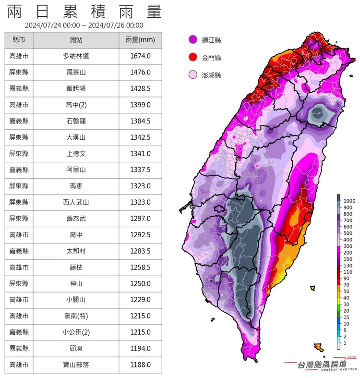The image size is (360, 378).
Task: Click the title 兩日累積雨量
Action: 84,11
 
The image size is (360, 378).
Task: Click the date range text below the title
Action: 84,25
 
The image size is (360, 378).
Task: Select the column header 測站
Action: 76,40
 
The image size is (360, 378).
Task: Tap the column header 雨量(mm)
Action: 140,40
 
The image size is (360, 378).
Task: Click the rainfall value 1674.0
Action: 140,56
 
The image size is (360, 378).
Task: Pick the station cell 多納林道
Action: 76,56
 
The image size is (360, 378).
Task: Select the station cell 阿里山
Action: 76,170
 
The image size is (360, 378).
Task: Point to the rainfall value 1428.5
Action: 140,89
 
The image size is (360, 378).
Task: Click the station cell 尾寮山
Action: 76,73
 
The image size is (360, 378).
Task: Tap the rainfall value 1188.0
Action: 140,365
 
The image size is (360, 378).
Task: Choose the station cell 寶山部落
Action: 76,365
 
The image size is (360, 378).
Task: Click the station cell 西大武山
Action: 76,202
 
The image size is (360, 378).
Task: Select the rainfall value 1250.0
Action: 140,283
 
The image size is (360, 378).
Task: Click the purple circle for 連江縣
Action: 192,40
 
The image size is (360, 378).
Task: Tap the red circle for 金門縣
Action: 192,58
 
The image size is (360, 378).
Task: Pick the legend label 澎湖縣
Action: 211,75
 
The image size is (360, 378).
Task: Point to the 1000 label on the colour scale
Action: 349,200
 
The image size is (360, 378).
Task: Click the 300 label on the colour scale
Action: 349,246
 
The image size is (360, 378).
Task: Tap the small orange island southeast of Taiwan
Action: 318,346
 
